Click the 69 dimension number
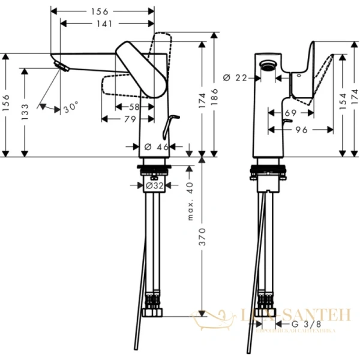pyautogui.click(x=290, y=112)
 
